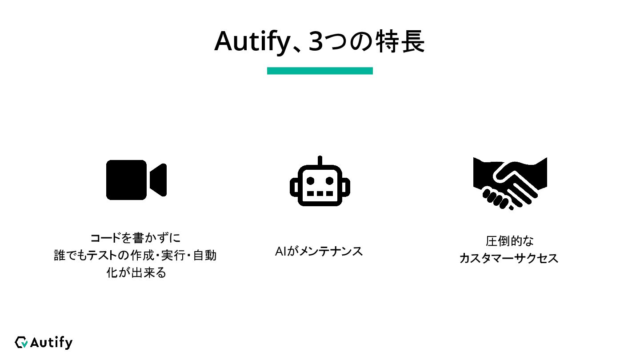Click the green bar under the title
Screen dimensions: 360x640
320,71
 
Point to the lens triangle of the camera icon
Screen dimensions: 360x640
159,180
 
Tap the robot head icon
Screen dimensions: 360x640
320,184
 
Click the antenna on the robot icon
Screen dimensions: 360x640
320,160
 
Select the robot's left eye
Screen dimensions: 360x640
311,180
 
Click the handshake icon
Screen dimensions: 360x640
510,182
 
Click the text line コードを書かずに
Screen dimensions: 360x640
136,238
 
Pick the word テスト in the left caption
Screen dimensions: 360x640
100,256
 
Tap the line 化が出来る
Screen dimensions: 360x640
136,272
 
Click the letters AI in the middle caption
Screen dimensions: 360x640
280,252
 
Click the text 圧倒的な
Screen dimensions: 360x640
510,241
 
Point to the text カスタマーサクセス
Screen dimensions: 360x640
509,258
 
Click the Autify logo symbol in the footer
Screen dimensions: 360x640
21,342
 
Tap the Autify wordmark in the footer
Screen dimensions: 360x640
51,343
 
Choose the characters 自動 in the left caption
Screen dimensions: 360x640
205,256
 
